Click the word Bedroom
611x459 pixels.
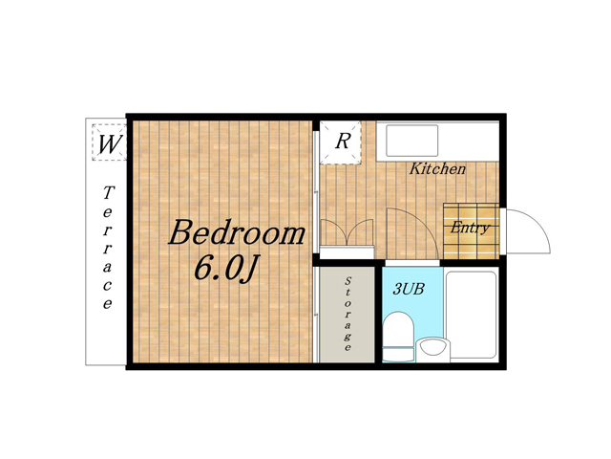(237, 233)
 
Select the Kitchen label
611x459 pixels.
(437, 169)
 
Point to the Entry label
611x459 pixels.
(470, 228)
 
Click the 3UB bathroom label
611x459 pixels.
(409, 289)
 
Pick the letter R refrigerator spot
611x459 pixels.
(343, 141)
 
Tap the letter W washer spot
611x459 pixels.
(110, 143)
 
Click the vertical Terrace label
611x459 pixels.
(108, 248)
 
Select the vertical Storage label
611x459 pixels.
(348, 314)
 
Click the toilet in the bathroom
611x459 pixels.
(398, 336)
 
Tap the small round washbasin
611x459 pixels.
(432, 347)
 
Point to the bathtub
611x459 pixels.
(471, 315)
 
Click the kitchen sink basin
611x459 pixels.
(412, 141)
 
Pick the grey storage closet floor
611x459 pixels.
(347, 315)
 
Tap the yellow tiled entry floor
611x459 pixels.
(471, 231)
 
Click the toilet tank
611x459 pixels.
(398, 354)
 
